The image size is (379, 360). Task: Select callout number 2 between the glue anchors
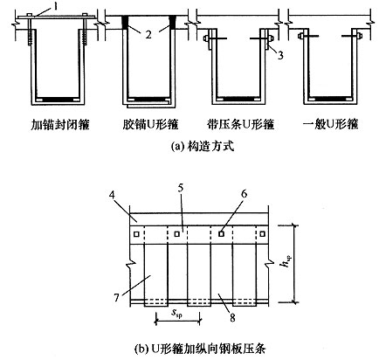point(148,35)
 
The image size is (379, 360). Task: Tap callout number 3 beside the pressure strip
point(280,55)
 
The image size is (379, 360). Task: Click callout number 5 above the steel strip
point(181,189)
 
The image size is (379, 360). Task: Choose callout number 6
point(244,194)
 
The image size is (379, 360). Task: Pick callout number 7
point(116,297)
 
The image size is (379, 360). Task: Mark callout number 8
point(232,317)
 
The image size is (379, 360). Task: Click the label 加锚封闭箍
point(60,125)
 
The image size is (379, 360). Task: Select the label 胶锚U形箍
point(150,125)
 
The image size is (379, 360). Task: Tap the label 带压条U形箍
point(240,125)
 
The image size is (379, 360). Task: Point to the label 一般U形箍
point(330,125)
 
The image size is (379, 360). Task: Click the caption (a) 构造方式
point(203,146)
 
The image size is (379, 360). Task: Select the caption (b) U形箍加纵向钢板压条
point(200,349)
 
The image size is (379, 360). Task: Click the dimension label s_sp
point(176,314)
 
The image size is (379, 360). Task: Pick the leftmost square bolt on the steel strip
point(136,234)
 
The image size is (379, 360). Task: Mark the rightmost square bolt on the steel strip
point(262,234)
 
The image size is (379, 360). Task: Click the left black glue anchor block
point(125,22)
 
